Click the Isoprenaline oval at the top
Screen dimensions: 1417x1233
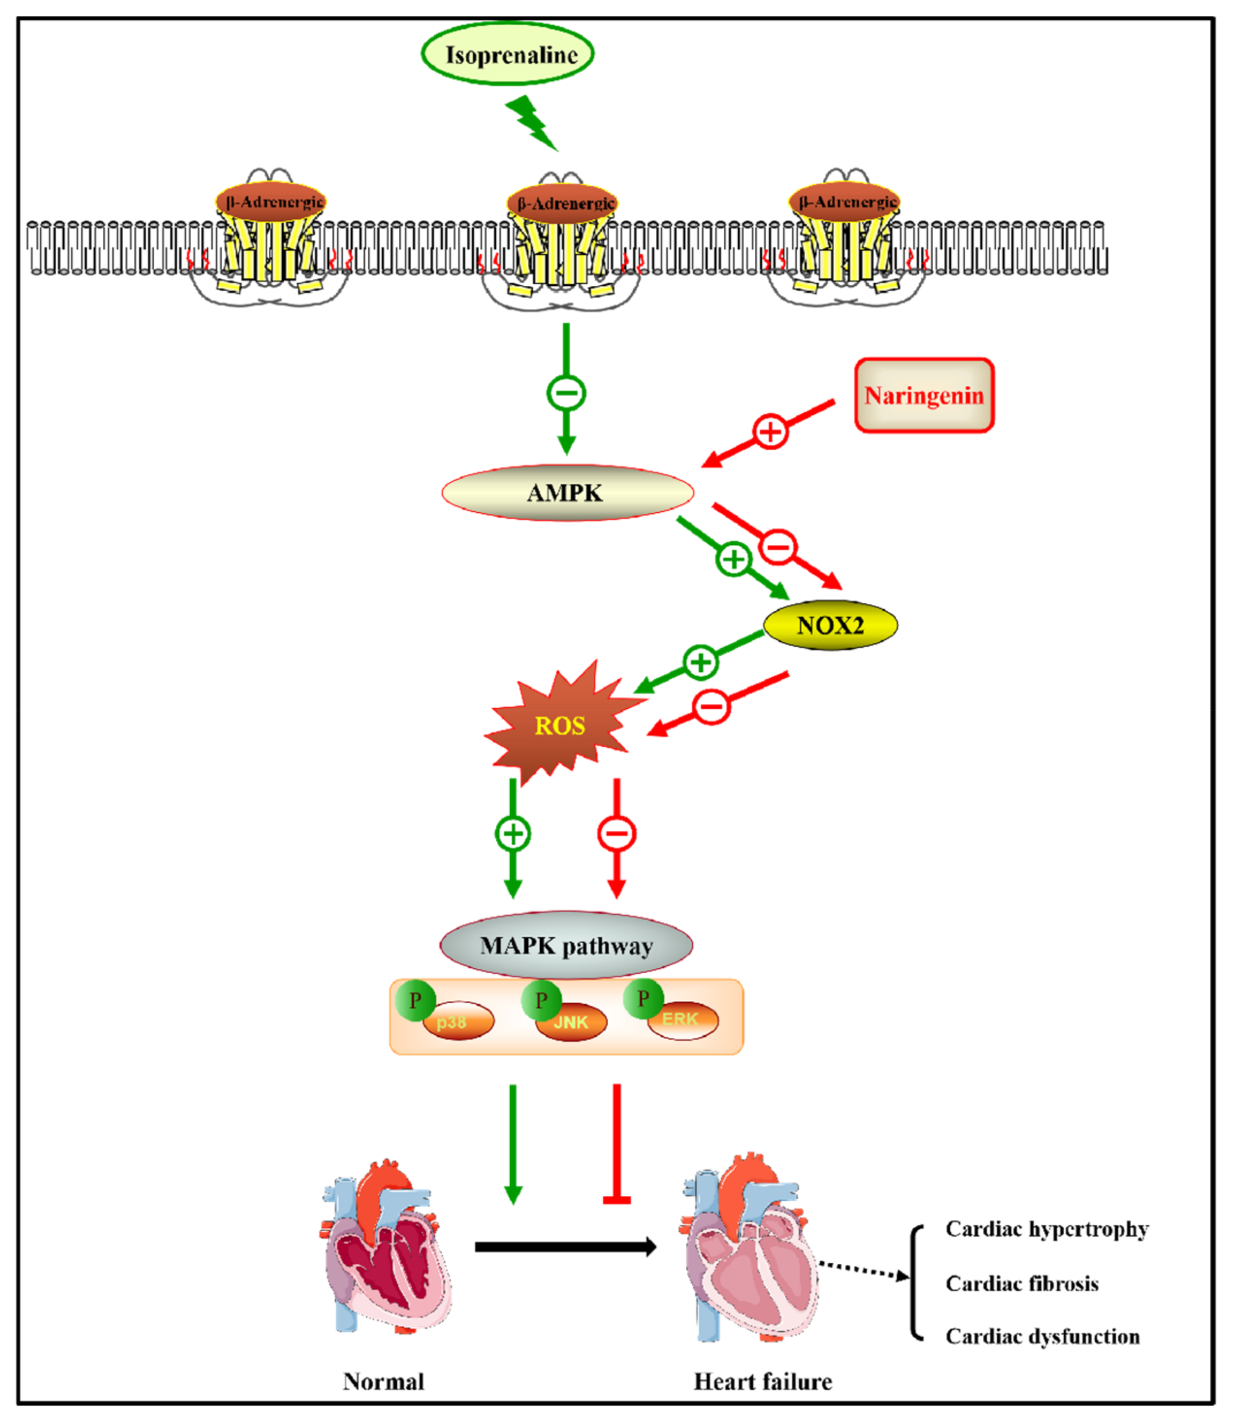click(508, 54)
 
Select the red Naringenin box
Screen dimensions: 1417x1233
click(924, 396)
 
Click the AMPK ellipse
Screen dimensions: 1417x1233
click(567, 493)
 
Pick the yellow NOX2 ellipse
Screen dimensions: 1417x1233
click(830, 625)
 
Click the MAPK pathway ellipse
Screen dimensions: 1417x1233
click(566, 945)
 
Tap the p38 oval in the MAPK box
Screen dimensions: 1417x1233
click(457, 1021)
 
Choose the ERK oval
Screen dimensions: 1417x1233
click(682, 1019)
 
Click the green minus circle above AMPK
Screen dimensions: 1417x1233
click(566, 393)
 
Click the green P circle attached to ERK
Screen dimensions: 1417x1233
click(643, 998)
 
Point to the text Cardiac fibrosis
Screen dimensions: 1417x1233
click(1022, 1284)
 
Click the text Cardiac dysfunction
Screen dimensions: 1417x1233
click(1042, 1336)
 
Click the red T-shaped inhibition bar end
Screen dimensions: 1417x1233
click(616, 1200)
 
